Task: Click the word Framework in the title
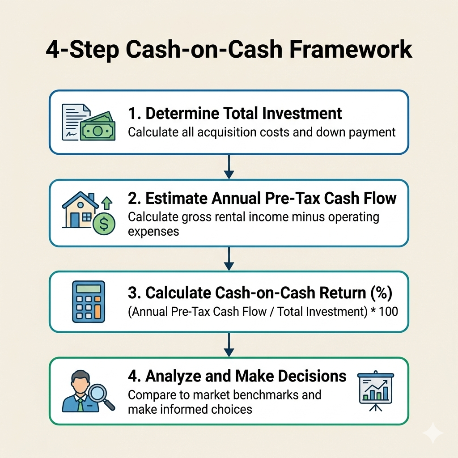pos(351,49)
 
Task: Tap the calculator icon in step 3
pos(89,301)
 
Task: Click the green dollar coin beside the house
pos(104,224)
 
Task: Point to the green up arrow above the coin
pos(106,203)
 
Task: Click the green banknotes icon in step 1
pos(98,127)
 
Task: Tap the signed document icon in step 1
pos(75,122)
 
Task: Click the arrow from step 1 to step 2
pos(229,166)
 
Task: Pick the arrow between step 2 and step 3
pos(229,259)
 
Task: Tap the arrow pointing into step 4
pos(229,345)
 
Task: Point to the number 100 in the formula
pos(388,311)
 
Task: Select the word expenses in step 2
pos(153,232)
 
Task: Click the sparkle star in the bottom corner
pos(433,433)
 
